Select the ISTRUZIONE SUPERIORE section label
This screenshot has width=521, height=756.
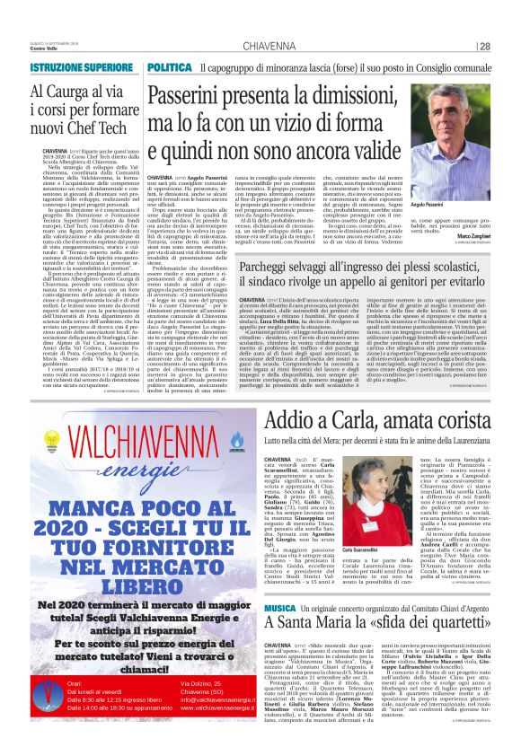pos(81,68)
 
